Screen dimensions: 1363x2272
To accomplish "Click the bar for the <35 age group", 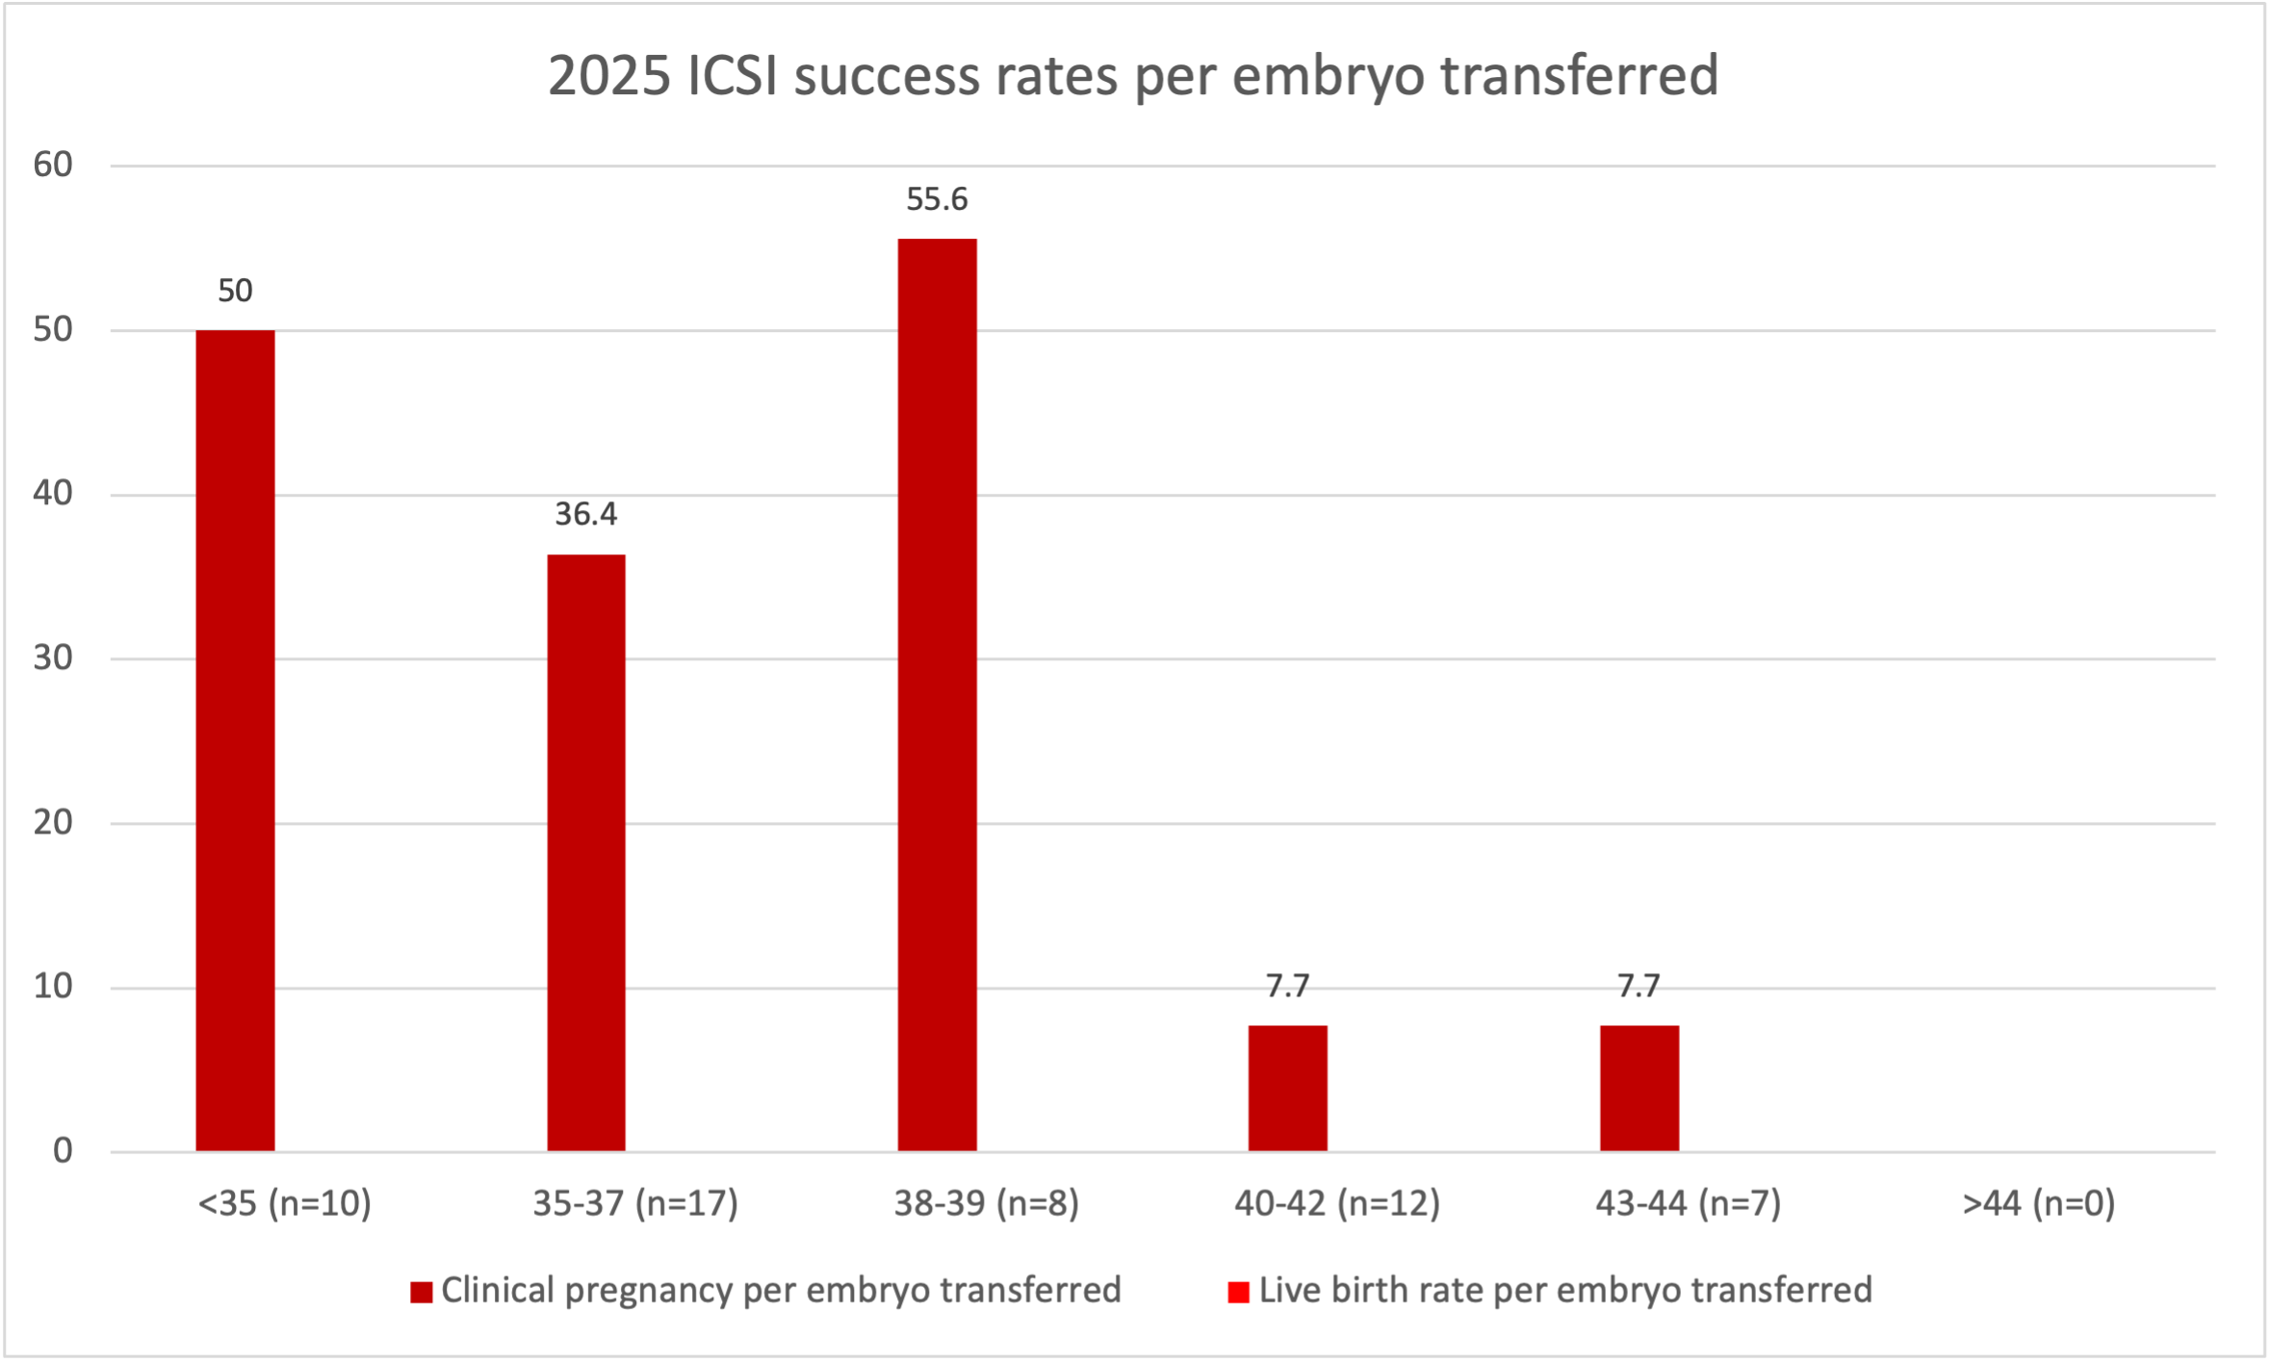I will [x=235, y=740].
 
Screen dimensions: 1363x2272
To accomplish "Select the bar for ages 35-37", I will [x=586, y=852].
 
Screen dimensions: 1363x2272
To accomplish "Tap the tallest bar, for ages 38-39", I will [x=937, y=694].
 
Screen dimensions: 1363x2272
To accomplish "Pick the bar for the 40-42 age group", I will [x=1287, y=1088].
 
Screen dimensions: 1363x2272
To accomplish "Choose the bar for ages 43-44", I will [x=1639, y=1088].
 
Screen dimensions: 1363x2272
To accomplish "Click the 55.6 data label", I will [x=937, y=199].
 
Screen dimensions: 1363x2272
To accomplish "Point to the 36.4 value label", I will [x=586, y=515].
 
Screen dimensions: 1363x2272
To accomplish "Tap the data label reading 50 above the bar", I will [x=235, y=291].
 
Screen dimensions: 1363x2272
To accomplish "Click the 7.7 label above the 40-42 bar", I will [x=1287, y=987].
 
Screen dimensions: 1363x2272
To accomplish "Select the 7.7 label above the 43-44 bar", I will [x=1639, y=987].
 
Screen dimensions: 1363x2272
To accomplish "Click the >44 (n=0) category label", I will [x=2038, y=1203].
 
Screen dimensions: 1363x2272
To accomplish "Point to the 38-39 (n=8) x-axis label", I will [x=986, y=1203].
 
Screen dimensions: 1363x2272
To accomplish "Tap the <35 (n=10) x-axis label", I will [x=284, y=1203].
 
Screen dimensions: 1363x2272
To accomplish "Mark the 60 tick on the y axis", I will [x=53, y=166].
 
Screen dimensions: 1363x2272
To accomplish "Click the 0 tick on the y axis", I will [x=63, y=1151].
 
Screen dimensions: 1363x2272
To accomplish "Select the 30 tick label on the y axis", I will [x=53, y=658].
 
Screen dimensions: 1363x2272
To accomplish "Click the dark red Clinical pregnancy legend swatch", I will [x=421, y=1293].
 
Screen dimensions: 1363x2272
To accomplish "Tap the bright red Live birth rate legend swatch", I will [x=1238, y=1293].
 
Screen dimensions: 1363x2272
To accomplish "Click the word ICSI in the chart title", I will [x=732, y=75].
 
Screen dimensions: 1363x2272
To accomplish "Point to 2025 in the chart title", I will [x=608, y=75].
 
